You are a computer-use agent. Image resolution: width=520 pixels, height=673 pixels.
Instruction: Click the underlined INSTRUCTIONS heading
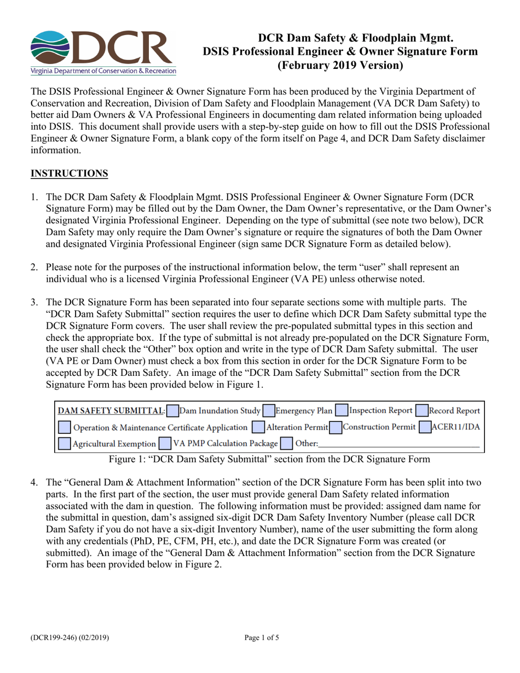click(69, 173)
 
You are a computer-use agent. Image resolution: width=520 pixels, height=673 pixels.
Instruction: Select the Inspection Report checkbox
click(341, 410)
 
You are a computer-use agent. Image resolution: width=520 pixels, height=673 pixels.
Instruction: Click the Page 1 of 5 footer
click(262, 637)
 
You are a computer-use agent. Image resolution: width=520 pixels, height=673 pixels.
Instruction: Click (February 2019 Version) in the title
click(339, 65)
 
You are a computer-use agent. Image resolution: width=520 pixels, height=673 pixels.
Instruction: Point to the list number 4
click(34, 483)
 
